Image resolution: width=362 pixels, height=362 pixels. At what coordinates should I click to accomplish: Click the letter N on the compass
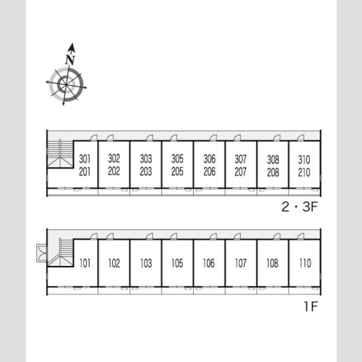pos(70,60)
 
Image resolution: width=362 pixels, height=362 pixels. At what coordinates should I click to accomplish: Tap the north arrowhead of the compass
pos(72,48)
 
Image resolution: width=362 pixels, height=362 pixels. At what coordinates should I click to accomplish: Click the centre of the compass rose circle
pos(66,84)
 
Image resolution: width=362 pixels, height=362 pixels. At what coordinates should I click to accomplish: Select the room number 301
pos(84,159)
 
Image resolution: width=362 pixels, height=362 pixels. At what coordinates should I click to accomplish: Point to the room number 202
pos(114,171)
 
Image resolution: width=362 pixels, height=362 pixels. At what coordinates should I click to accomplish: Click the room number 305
pos(177,159)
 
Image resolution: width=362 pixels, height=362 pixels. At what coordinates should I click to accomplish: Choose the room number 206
pos(209,171)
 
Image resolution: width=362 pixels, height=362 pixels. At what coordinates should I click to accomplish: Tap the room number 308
pos(273,159)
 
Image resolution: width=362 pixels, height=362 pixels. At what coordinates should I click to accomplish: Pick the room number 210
pos(304,172)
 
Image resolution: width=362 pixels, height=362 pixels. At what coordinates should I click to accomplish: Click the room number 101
pos(84,263)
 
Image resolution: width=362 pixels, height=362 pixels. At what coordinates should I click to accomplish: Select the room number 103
pos(146,263)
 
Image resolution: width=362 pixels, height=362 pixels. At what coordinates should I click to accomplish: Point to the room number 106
pos(209,263)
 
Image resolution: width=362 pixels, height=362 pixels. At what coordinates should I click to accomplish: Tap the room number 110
pos(305,263)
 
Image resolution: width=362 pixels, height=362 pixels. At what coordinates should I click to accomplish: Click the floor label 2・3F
pos(300,206)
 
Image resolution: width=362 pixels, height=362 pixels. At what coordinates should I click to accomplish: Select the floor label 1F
pos(311,306)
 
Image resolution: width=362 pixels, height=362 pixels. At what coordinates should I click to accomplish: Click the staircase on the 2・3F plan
pos(60,153)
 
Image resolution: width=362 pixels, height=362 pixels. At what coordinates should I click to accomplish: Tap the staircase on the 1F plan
pos(60,252)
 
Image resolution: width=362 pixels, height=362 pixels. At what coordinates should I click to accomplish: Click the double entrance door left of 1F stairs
pos(42,253)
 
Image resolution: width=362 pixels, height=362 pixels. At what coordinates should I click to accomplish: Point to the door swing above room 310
pos(300,138)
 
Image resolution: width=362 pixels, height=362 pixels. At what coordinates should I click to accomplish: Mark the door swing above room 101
pos(94,236)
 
